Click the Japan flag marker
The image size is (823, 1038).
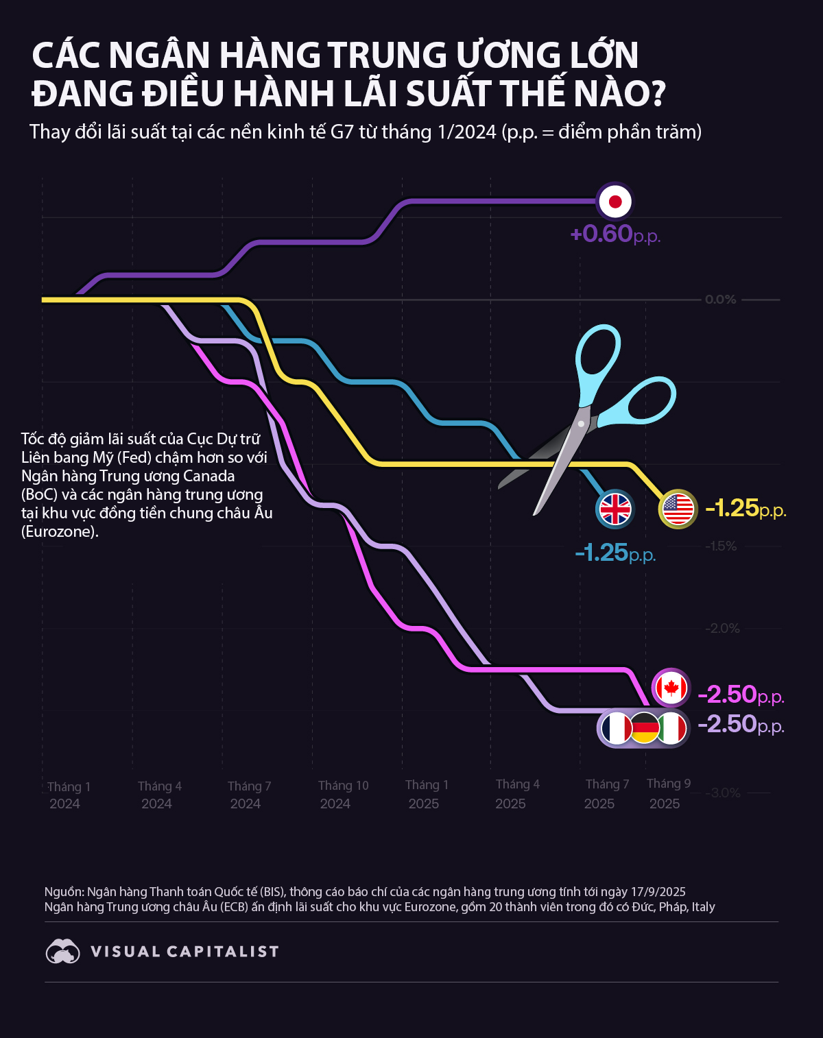pyautogui.click(x=615, y=202)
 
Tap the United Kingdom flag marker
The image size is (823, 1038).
pyautogui.click(x=615, y=509)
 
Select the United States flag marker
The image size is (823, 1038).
pyautogui.click(x=678, y=509)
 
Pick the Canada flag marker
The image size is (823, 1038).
pyautogui.click(x=670, y=687)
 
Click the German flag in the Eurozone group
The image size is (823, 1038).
pyautogui.click(x=645, y=728)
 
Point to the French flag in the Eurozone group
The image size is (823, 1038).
pyautogui.click(x=617, y=728)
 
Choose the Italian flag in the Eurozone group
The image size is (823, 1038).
pyautogui.click(x=672, y=728)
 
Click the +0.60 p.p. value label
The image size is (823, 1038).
pyautogui.click(x=615, y=234)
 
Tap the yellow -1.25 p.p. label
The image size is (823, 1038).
pyautogui.click(x=745, y=509)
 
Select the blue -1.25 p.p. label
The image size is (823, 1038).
pyautogui.click(x=615, y=553)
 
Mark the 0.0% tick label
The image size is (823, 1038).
pyautogui.click(x=720, y=300)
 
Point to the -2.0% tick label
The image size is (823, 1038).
pyautogui.click(x=723, y=629)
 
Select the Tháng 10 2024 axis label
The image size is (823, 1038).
pyautogui.click(x=343, y=795)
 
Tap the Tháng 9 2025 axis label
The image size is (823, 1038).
pyautogui.click(x=667, y=793)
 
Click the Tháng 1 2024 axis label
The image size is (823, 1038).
pyautogui.click(x=68, y=795)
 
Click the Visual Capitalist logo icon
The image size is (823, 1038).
pyautogui.click(x=62, y=952)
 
